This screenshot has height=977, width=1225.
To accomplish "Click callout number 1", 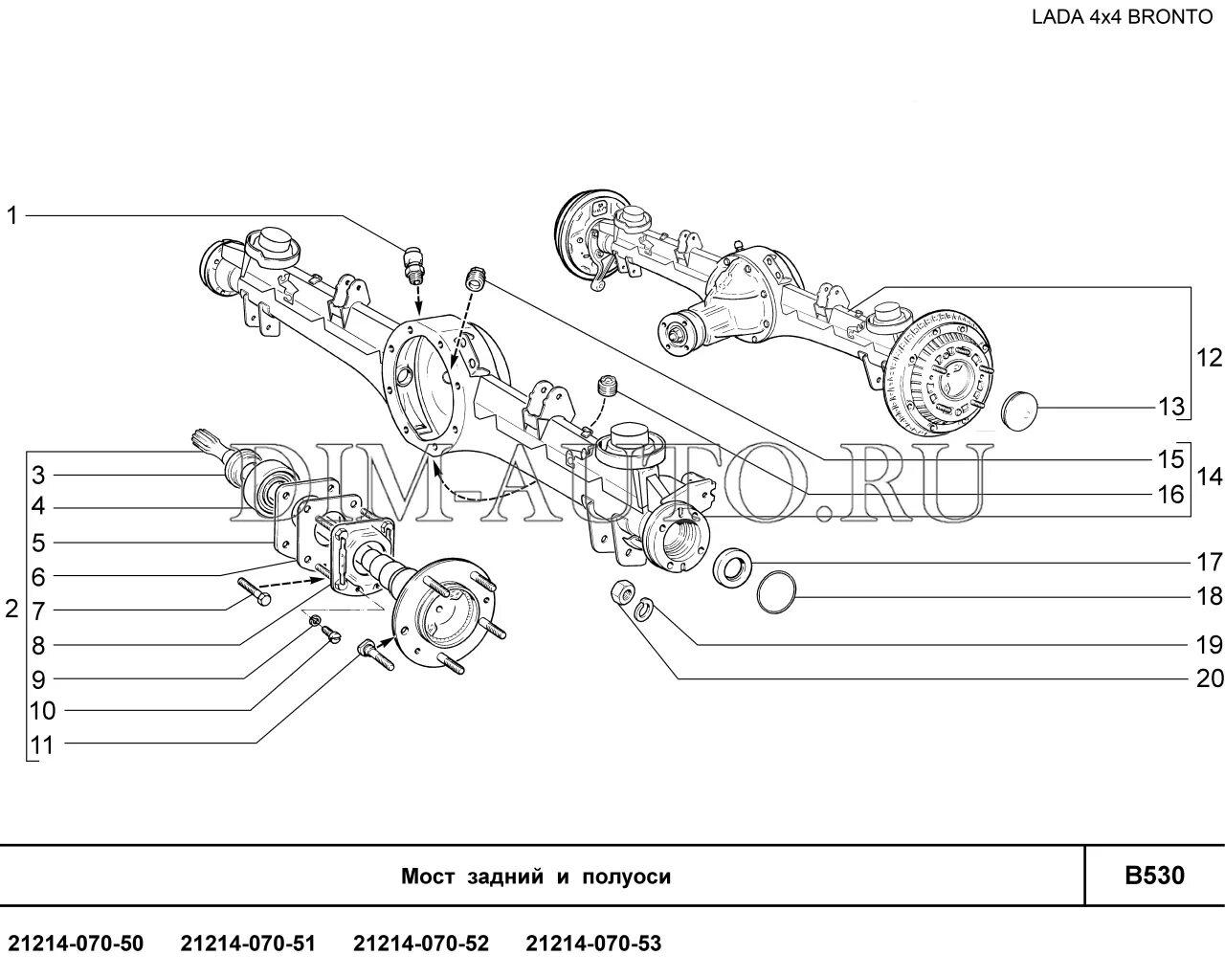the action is [11, 216].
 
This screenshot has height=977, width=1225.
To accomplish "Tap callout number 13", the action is [1171, 407].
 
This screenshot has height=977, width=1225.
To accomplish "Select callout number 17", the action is [1209, 562].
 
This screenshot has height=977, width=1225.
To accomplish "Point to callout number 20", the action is [1209, 678].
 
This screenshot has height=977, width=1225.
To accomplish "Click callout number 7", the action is [38, 611].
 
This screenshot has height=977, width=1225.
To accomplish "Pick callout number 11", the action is [42, 744].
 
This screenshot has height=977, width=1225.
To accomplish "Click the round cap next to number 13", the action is [1020, 408].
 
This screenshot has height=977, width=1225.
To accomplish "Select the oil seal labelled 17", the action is [732, 566].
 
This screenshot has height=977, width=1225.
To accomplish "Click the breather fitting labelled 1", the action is [413, 264].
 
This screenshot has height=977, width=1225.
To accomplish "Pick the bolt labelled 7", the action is [251, 591].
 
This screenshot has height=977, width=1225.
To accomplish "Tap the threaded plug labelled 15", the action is [475, 277].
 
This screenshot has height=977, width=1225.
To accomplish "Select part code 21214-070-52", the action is [421, 944].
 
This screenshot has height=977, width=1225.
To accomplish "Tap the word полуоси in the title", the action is [626, 877].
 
